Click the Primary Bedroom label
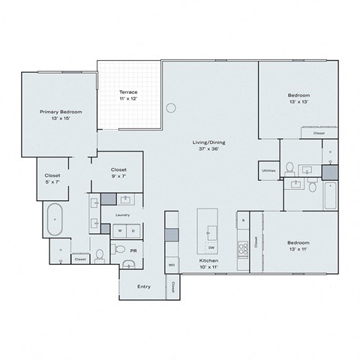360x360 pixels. [x=61, y=115]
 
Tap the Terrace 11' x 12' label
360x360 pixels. [x=127, y=95]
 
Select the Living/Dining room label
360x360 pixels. [x=209, y=145]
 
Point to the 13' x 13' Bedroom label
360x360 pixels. [x=298, y=100]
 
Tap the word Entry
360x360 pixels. [x=144, y=286]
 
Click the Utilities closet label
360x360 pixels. [x=268, y=170]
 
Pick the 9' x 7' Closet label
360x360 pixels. [x=118, y=173]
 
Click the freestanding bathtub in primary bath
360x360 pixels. [x=56, y=220]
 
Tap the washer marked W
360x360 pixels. [x=118, y=231]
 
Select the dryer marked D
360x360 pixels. [x=133, y=231]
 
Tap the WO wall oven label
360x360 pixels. [x=172, y=265]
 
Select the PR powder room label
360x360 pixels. [x=133, y=250]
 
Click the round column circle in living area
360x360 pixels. [x=172, y=107]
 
